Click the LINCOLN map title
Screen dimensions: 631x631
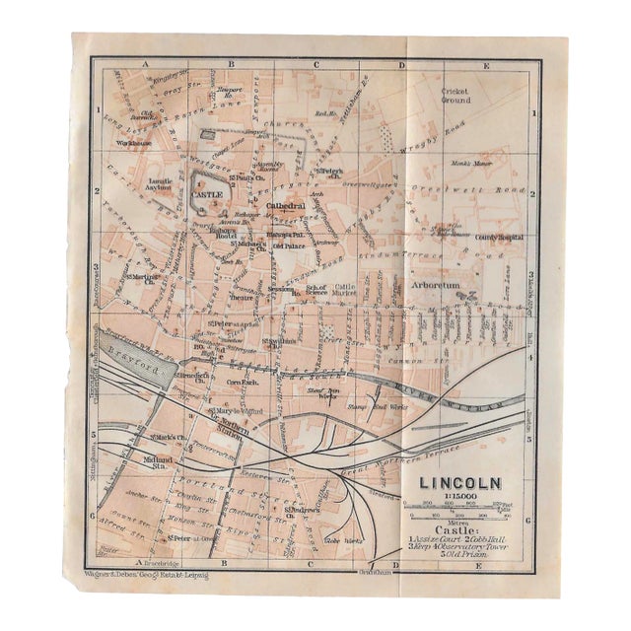point(460,484)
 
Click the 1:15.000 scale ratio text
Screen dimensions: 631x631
point(458,499)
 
